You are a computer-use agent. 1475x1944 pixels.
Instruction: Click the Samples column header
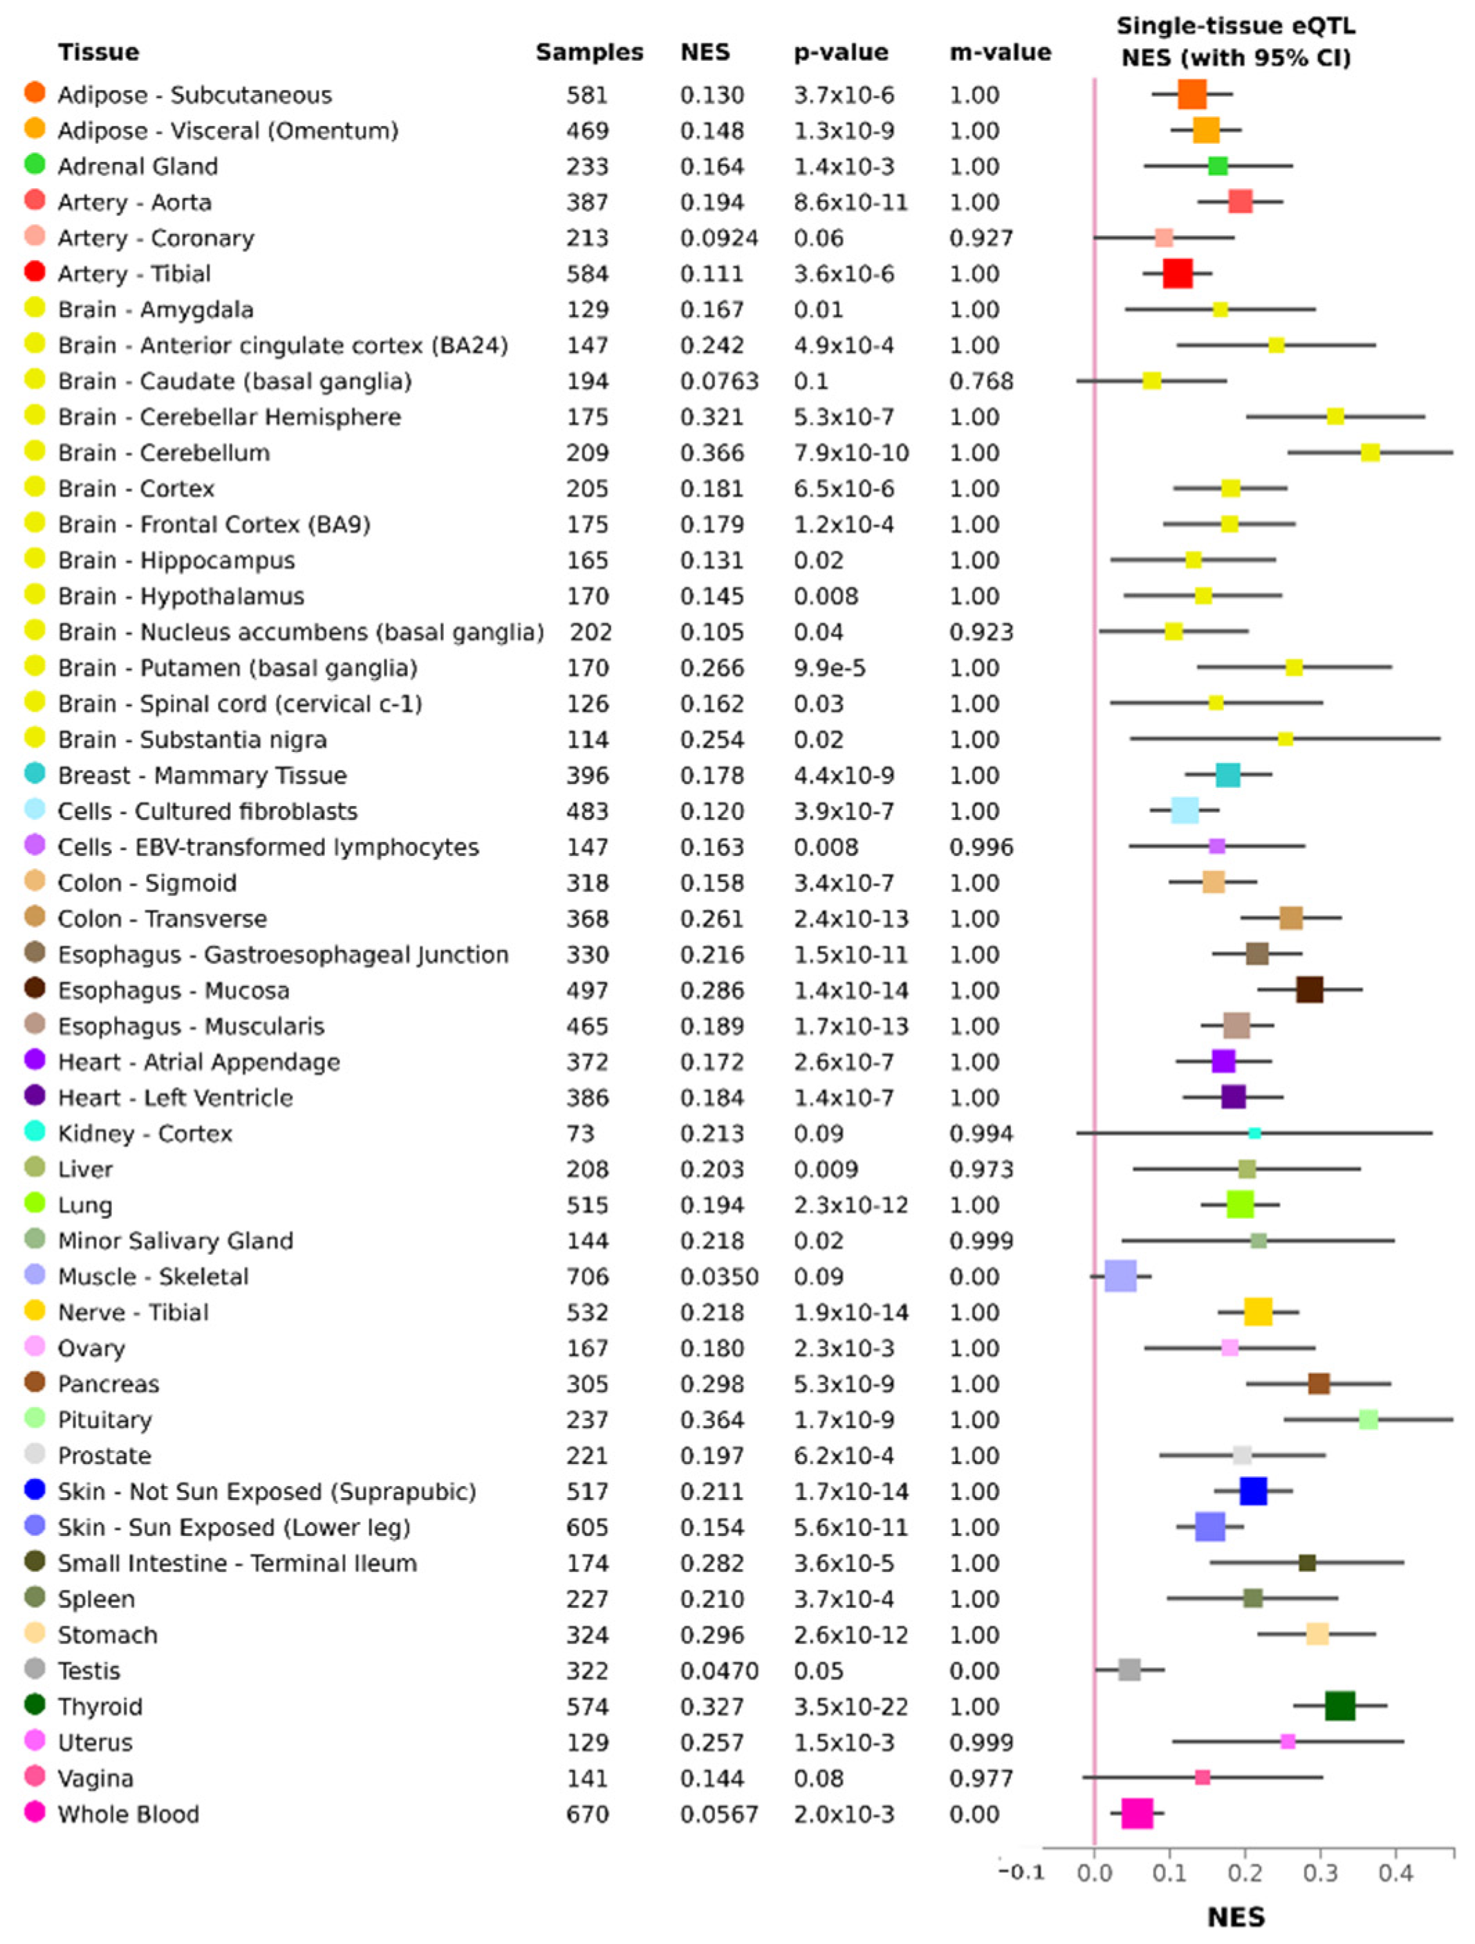[x=588, y=53]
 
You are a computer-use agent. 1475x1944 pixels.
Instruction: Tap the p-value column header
[x=840, y=53]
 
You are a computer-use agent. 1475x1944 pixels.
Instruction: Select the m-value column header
[x=1000, y=53]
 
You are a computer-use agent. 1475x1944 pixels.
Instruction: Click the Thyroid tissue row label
[x=100, y=1707]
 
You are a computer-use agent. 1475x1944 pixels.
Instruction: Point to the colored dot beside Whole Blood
[x=35, y=1813]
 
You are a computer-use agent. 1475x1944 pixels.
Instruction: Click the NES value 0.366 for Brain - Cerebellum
[x=712, y=453]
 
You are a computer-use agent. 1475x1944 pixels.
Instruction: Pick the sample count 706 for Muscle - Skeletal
[x=587, y=1277]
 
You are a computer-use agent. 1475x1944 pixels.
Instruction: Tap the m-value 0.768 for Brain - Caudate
[x=981, y=381]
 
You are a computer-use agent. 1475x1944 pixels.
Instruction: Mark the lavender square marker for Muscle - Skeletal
[x=1120, y=1276]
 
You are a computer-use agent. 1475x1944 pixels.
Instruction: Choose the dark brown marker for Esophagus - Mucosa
[x=1309, y=989]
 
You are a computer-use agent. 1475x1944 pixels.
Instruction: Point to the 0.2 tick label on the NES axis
[x=1245, y=1873]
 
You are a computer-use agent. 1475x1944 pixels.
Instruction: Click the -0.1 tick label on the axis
[x=1021, y=1873]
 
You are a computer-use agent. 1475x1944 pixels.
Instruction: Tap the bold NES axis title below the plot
[x=1236, y=1917]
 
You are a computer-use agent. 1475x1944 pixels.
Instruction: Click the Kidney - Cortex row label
[x=145, y=1134]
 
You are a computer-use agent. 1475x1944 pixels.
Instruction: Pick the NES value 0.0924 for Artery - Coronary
[x=718, y=238]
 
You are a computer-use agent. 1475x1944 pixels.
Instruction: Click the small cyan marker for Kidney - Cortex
[x=1254, y=1133]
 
